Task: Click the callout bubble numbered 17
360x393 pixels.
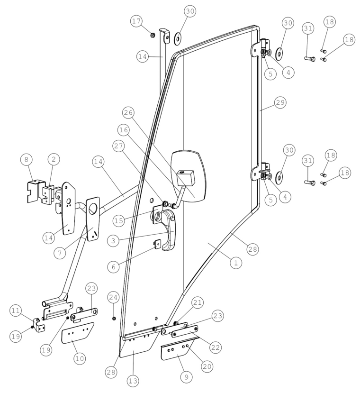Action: (x=136, y=21)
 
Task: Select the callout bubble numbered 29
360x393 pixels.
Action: (x=280, y=102)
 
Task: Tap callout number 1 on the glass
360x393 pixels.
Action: (x=236, y=263)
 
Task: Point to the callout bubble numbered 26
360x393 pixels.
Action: (x=128, y=112)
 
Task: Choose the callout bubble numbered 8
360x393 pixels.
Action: (x=27, y=159)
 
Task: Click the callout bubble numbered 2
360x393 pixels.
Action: (x=54, y=159)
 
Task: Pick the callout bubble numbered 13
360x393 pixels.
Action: (x=133, y=381)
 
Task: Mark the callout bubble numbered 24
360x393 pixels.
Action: (x=113, y=297)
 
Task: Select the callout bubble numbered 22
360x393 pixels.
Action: (x=216, y=347)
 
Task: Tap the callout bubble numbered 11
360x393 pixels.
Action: (x=16, y=311)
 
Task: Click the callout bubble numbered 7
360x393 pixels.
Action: (x=60, y=253)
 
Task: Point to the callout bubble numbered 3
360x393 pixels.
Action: (x=113, y=241)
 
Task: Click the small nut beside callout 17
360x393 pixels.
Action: (x=152, y=36)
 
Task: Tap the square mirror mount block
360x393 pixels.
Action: (x=186, y=177)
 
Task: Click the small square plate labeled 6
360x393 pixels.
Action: (x=158, y=244)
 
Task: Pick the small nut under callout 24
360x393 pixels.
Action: (x=114, y=318)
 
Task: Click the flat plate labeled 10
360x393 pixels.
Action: (x=77, y=333)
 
